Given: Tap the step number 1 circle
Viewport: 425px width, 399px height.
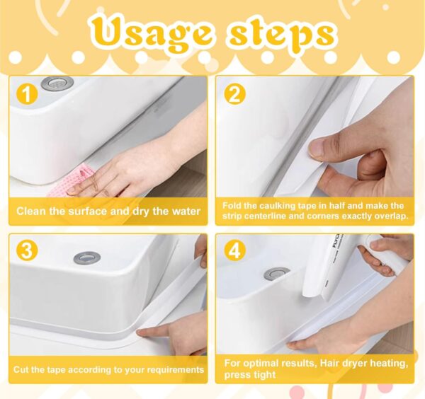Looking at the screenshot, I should point(27,93).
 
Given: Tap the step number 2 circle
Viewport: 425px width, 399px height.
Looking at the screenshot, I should point(235,93).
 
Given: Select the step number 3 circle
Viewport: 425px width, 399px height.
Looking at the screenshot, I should point(27,251).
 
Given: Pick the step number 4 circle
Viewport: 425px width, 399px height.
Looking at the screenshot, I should point(235,251).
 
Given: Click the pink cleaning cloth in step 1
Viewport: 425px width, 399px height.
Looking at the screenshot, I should point(81,178).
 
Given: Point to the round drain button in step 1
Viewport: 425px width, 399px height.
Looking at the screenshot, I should point(57,83).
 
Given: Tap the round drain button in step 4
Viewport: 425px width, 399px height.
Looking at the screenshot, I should point(276,273).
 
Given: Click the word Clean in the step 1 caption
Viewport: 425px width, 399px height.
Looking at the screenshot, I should point(33,211).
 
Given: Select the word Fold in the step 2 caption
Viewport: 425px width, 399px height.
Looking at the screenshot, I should point(234,205).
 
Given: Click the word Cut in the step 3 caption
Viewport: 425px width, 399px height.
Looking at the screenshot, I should point(23,369).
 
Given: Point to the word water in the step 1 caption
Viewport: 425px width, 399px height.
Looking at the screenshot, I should point(183,211).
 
